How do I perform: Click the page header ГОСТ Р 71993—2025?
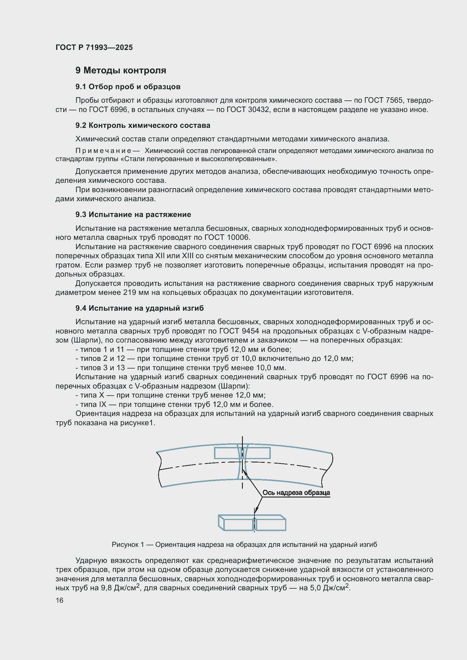pos(94,47)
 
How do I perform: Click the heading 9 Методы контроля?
pos(121,71)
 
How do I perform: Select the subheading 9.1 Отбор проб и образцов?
pos(128,87)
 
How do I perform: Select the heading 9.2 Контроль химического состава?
pos(143,125)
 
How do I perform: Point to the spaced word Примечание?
pos(104,151)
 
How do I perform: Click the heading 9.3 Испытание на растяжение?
pos(133,214)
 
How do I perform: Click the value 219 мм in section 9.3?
pos(134,293)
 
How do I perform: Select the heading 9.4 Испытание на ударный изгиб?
pos(139,308)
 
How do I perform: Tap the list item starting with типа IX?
pos(174,404)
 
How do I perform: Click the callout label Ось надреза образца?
pos(296,493)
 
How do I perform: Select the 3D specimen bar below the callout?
pos(252,523)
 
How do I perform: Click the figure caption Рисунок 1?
pos(244,545)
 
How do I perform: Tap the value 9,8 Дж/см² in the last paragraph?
pos(120,588)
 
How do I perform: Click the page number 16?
pos(60,600)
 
